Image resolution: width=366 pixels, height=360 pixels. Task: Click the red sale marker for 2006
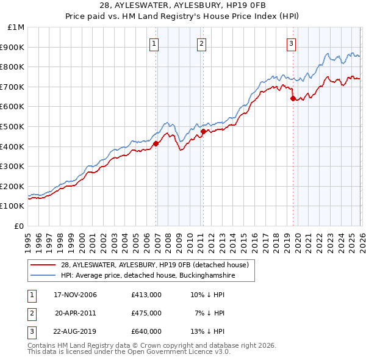(156, 144)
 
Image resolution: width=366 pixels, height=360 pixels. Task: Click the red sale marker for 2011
(203, 131)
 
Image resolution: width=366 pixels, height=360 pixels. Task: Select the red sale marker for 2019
(293, 98)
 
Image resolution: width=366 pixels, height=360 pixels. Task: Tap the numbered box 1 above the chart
(154, 43)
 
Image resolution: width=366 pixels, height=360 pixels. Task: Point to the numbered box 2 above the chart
(201, 43)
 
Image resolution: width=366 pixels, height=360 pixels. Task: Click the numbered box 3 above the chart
(291, 43)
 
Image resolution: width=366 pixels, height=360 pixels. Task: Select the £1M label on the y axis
(16, 27)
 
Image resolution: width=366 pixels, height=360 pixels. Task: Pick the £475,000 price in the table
(146, 313)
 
